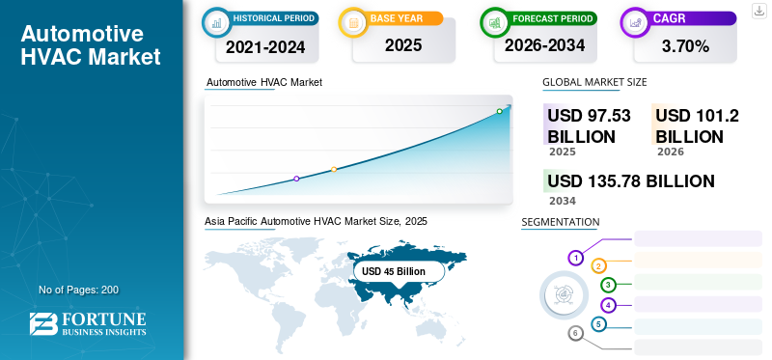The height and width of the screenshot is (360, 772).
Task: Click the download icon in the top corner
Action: [758, 11]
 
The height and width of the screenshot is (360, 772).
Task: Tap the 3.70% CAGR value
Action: [685, 46]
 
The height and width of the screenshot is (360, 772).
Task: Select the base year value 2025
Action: [403, 45]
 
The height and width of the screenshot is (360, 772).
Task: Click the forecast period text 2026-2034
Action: [544, 45]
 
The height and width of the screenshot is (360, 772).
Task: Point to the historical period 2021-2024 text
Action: [265, 47]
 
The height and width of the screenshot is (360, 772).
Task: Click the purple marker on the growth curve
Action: [296, 179]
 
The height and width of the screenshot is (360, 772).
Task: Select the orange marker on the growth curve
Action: [334, 170]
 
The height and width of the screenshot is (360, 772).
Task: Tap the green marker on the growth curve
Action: [499, 111]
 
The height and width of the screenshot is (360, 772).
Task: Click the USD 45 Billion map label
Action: [394, 271]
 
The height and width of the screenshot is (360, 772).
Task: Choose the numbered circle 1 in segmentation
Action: [575, 258]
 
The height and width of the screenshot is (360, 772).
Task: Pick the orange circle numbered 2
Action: [598, 266]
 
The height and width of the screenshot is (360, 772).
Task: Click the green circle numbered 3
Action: [608, 285]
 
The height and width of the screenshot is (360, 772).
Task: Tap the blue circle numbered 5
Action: [598, 324]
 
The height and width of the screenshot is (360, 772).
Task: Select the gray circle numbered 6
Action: [575, 333]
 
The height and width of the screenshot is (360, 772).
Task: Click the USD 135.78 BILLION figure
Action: [631, 181]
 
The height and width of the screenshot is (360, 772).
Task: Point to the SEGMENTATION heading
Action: [561, 222]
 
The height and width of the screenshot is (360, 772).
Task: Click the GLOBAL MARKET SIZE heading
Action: [594, 82]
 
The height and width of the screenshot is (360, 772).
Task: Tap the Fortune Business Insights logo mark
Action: [43, 323]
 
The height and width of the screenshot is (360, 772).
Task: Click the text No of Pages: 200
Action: [79, 290]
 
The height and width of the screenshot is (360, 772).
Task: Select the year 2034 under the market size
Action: [563, 201]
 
